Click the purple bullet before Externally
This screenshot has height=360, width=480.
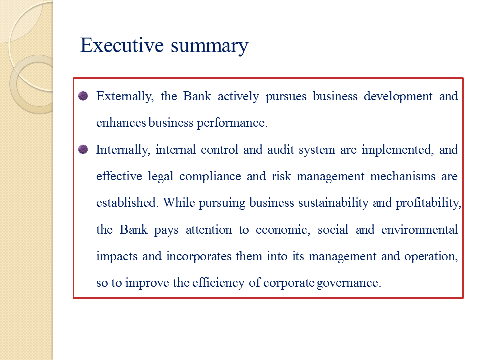point(83,96)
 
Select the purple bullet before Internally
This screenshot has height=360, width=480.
point(83,149)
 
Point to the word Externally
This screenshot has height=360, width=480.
point(125,96)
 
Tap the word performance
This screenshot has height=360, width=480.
point(236,123)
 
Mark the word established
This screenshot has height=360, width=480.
point(127,203)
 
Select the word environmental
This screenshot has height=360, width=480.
point(419,230)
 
